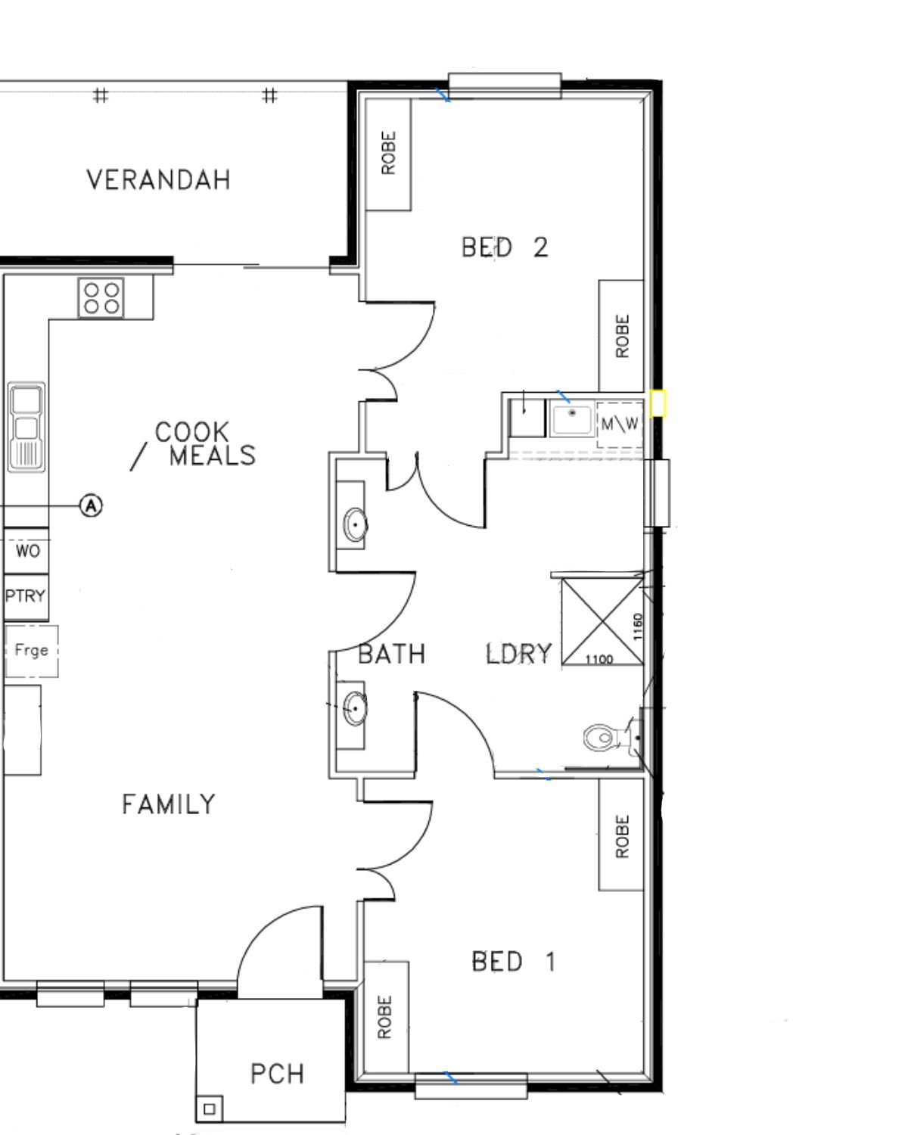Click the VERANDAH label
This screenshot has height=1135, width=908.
click(158, 180)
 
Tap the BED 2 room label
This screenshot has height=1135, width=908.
click(505, 247)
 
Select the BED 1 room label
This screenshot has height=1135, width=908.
click(514, 962)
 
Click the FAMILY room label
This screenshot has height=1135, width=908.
click(169, 804)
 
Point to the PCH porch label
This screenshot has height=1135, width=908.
click(277, 1074)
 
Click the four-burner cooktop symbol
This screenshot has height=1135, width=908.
click(101, 298)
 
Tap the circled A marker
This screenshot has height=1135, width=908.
click(91, 505)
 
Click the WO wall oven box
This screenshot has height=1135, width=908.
click(27, 551)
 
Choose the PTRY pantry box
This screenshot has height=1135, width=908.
click(25, 596)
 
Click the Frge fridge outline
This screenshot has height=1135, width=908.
click(32, 650)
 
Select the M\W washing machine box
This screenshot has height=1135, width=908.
click(619, 424)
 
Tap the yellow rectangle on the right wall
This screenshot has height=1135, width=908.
click(658, 403)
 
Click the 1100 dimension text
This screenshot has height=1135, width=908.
click(599, 660)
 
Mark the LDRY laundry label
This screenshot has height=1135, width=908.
click(519, 654)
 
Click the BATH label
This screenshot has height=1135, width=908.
click(391, 654)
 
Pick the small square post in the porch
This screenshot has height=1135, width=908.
click(210, 1109)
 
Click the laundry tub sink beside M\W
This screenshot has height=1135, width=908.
click(572, 419)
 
